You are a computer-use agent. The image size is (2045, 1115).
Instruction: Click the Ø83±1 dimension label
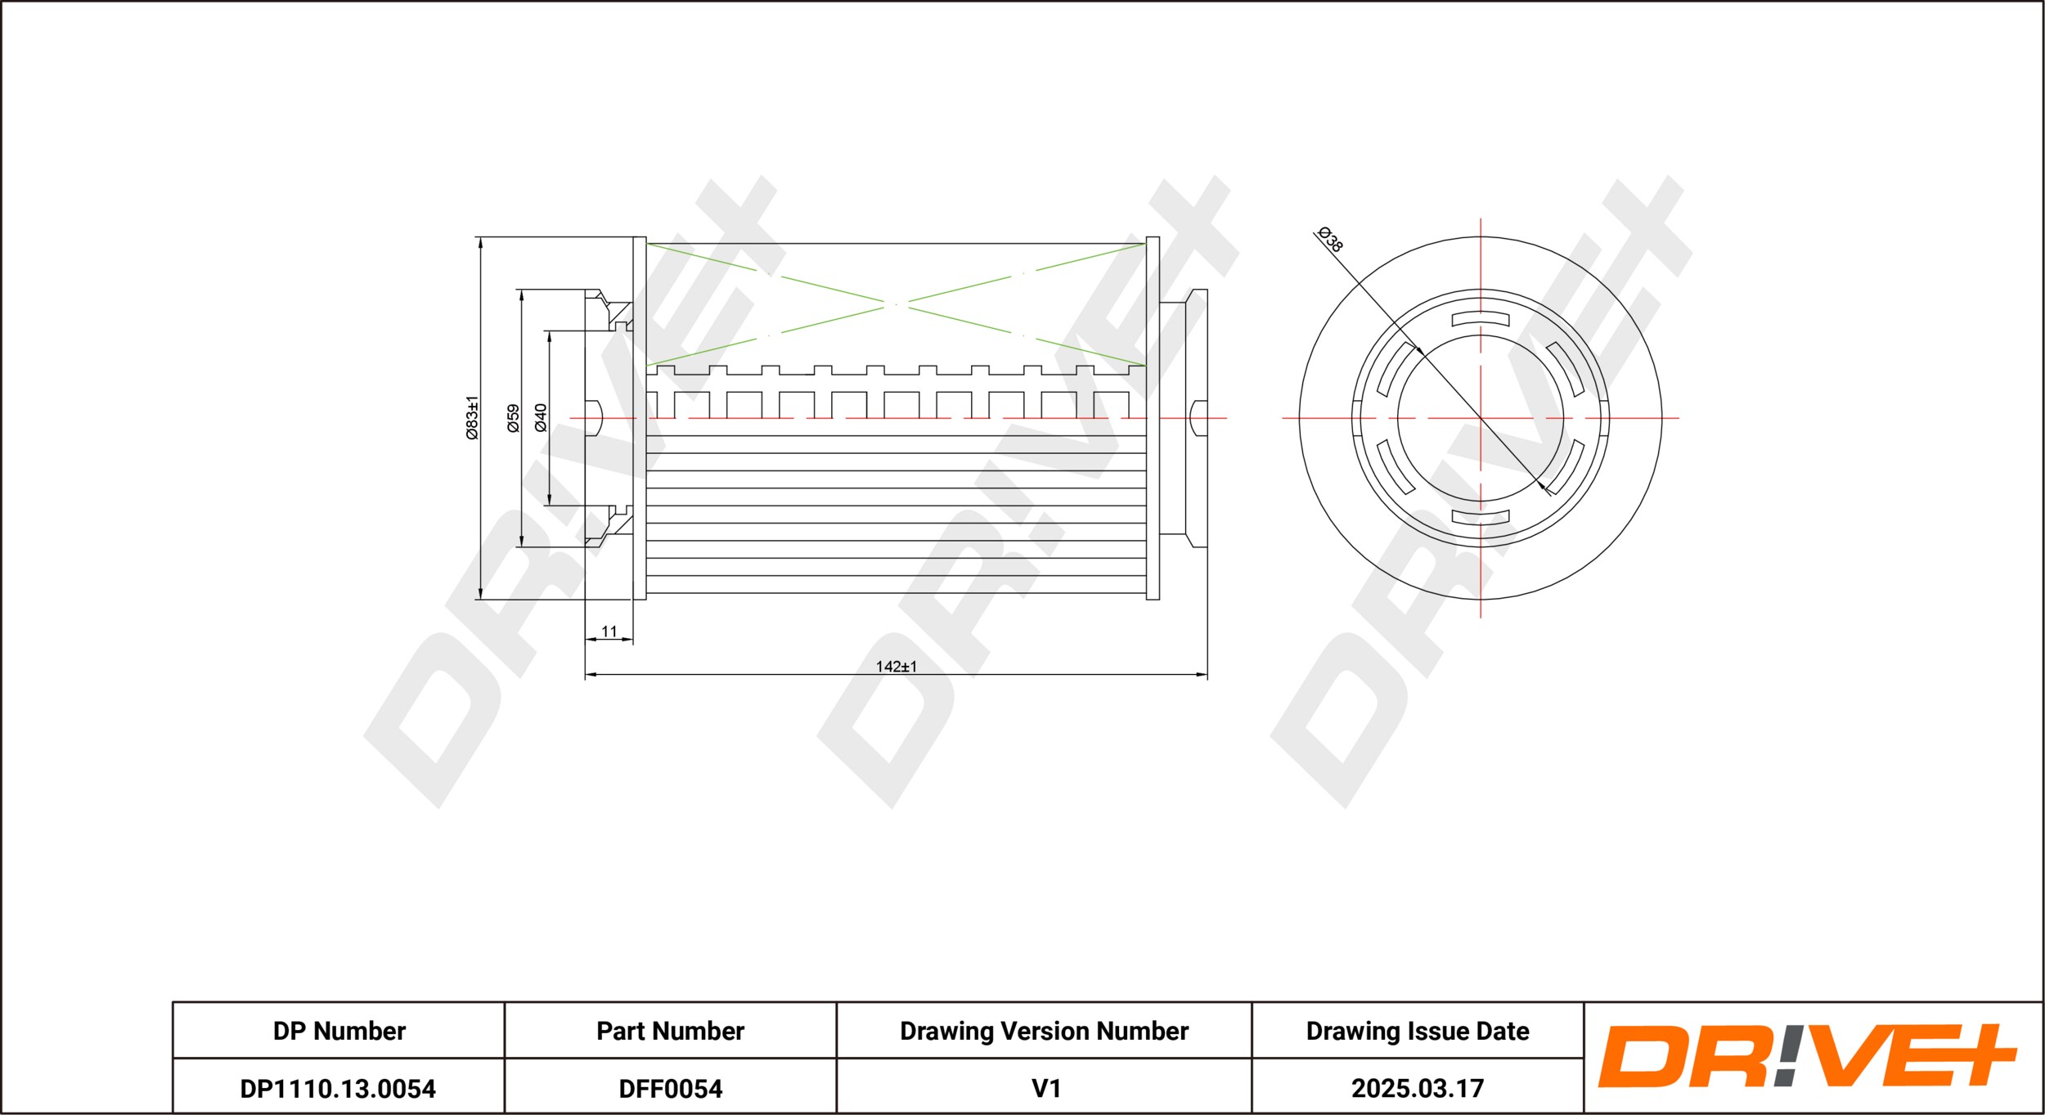coord(472,418)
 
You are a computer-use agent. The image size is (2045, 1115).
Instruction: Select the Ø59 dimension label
coord(513,418)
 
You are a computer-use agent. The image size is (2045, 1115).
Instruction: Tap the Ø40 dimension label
coord(540,417)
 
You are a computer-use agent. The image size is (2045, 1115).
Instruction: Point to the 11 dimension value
coord(609,632)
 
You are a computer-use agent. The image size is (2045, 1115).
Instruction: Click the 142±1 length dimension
coord(897,667)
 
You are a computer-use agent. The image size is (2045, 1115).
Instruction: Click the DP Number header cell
coord(339,1032)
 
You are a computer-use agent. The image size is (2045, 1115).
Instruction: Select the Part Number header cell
coord(670,1032)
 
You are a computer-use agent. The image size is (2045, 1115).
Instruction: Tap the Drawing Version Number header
coord(1044,1032)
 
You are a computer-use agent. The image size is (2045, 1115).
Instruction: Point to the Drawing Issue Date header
coord(1418,1032)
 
